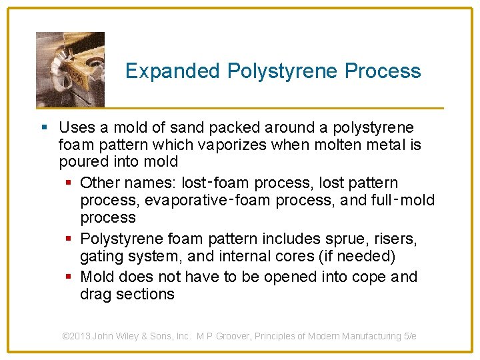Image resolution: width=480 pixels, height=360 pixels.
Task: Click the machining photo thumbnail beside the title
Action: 70,69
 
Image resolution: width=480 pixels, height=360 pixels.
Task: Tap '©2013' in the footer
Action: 75,337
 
